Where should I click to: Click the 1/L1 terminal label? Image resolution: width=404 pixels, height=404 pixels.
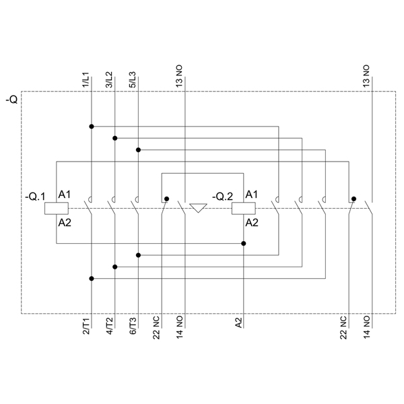[x=86, y=79]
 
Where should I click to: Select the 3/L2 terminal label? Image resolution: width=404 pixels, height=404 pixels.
[x=109, y=79]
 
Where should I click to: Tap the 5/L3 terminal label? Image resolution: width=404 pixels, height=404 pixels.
[x=132, y=79]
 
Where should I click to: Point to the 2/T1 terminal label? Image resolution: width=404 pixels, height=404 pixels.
[x=86, y=327]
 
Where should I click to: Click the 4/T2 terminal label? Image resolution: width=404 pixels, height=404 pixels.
[x=110, y=326]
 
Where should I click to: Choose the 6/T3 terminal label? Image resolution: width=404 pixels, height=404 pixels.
[x=133, y=326]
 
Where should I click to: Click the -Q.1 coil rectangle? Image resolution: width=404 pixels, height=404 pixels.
[x=57, y=209]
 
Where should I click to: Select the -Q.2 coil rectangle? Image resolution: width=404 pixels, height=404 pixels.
[x=244, y=209]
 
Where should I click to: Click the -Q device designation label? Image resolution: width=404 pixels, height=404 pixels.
[x=12, y=100]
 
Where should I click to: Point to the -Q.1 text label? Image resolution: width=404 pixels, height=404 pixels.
[x=35, y=197]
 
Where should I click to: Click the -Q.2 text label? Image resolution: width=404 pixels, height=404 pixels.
[x=222, y=197]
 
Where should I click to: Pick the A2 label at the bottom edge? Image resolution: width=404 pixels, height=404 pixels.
[x=239, y=323]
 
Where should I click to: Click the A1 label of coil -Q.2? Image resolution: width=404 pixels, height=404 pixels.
[x=251, y=195]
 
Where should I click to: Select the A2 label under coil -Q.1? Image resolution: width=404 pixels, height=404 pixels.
[x=65, y=223]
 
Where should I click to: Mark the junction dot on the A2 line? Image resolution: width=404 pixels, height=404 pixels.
[x=244, y=244]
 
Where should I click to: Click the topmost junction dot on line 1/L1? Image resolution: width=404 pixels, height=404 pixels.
[x=92, y=127]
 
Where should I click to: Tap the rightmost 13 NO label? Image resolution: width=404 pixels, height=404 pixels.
[x=366, y=76]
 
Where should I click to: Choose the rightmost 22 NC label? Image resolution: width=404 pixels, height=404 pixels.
[x=343, y=327]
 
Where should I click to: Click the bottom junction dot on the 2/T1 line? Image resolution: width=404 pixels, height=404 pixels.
[x=92, y=279]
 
